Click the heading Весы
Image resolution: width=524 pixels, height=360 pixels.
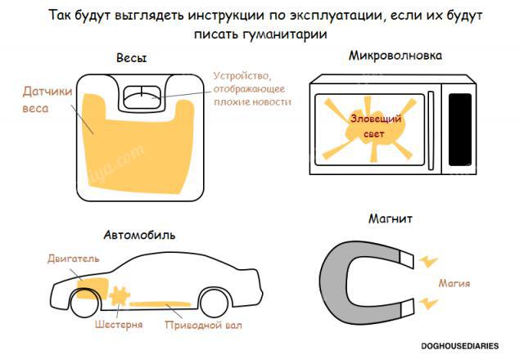pyautogui.click(x=131, y=58)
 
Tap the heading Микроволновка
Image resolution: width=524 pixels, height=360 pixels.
pyautogui.click(x=395, y=56)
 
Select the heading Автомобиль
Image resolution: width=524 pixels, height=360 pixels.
pyautogui.click(x=139, y=235)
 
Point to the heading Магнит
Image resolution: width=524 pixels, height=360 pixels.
pyautogui.click(x=391, y=218)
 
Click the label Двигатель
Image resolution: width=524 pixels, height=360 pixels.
pyautogui.click(x=73, y=259)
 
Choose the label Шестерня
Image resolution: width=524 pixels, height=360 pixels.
pyautogui.click(x=119, y=325)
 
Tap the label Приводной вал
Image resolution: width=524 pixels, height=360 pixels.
pyautogui.click(x=204, y=326)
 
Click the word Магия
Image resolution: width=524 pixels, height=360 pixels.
pyautogui.click(x=454, y=284)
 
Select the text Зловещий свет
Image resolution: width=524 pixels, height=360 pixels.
pyautogui.click(x=375, y=126)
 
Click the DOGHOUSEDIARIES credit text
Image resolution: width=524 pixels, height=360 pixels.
pyautogui.click(x=460, y=346)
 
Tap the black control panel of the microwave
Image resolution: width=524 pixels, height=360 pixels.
pyautogui.click(x=460, y=129)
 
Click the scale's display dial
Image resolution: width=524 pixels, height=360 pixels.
pyautogui.click(x=142, y=97)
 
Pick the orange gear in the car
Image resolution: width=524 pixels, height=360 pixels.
pyautogui.click(x=120, y=296)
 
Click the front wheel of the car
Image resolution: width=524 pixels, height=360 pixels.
pyautogui.click(x=84, y=302)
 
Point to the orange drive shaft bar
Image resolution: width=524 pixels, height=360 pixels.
pyautogui.click(x=160, y=304)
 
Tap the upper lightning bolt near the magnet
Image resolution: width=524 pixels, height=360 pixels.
pyautogui.click(x=428, y=262)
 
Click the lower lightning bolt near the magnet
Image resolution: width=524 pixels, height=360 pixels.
pyautogui.click(x=428, y=303)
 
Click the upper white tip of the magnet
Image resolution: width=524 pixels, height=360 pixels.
pyautogui.click(x=407, y=259)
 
